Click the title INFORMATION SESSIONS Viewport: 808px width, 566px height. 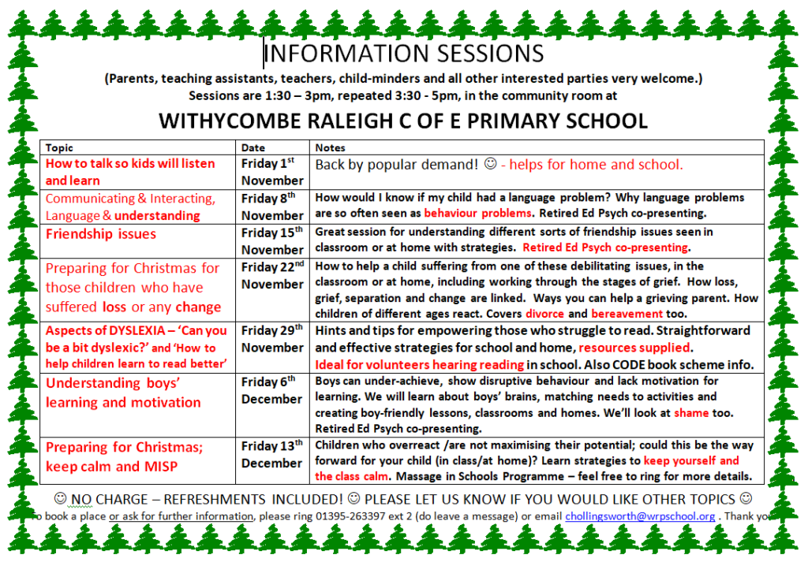(404, 54)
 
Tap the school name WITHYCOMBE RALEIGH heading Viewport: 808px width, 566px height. (403, 121)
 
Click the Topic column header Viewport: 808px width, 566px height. (59, 148)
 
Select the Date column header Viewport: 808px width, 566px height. (253, 148)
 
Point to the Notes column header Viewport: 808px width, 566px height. (331, 148)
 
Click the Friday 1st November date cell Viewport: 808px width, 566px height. (272, 172)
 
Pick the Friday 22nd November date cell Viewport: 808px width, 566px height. (272, 276)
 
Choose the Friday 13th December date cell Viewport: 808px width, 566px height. (272, 454)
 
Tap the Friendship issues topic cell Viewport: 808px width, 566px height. (101, 234)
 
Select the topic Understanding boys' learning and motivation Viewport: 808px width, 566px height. (123, 393)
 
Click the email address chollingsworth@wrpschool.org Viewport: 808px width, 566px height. (640, 516)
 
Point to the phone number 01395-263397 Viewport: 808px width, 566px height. (350, 516)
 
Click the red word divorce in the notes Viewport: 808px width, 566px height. (545, 314)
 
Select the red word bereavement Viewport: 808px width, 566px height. (627, 314)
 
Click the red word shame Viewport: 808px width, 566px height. (691, 413)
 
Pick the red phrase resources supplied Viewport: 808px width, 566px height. (634, 348)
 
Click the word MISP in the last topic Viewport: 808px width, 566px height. (161, 467)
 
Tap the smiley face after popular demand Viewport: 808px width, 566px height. (491, 164)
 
